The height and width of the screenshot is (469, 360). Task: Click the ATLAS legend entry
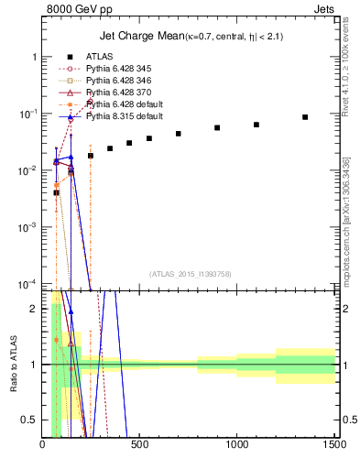tap(100, 57)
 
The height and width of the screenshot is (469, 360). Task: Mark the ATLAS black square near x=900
tap(217, 128)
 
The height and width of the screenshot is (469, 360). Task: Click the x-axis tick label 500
tap(140, 446)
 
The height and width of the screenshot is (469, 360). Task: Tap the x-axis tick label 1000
tap(237, 446)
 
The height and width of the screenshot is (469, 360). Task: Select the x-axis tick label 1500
tap(333, 446)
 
